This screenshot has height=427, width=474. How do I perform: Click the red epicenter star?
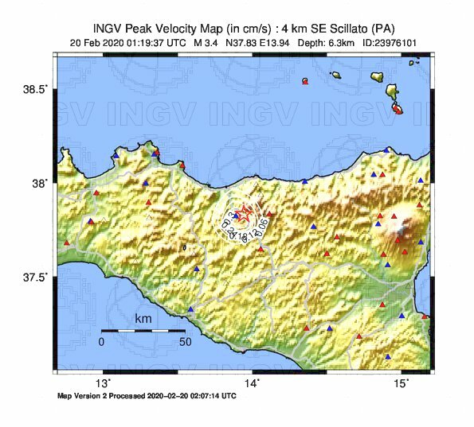246,213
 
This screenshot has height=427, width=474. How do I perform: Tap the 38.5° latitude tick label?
36,89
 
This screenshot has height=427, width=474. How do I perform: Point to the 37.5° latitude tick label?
36,277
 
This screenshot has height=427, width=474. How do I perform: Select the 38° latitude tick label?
40,183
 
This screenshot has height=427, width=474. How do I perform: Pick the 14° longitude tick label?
253,383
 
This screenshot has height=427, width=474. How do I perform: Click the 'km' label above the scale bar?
143,319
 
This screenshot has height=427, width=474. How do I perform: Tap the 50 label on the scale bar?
184,342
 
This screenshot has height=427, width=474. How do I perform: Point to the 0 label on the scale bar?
101,342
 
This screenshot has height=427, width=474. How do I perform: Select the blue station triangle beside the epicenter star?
236,215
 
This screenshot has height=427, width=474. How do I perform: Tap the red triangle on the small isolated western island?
305,82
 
